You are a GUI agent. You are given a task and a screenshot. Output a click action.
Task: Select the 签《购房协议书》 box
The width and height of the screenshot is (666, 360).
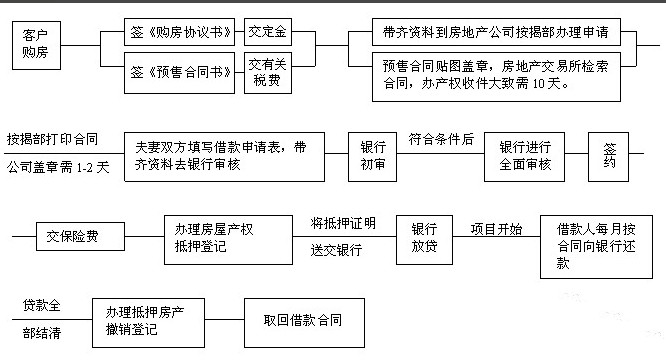pos(183,31)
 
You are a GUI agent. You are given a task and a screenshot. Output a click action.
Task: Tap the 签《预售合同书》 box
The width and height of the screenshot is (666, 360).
pos(183,73)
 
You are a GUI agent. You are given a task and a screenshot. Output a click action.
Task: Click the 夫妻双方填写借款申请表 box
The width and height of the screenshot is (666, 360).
pos(224,156)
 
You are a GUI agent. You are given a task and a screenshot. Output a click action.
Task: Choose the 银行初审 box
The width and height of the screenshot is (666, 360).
pos(373,156)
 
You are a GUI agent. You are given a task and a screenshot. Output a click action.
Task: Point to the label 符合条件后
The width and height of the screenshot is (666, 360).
pos(441,138)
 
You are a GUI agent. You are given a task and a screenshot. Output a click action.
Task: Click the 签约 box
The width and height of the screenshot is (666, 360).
pos(610,156)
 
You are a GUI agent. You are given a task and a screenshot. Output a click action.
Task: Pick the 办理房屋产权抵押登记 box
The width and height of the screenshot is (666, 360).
pos(213,238)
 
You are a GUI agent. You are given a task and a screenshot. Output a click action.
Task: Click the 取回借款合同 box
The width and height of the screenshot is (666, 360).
pos(303,321)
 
